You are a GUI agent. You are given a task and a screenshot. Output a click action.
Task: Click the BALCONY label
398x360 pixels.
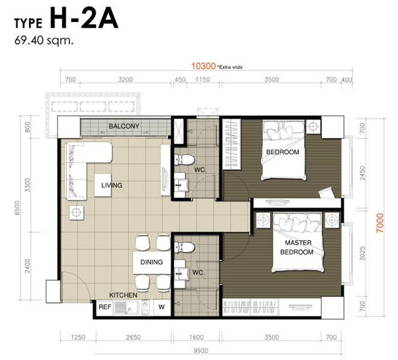point(124,126)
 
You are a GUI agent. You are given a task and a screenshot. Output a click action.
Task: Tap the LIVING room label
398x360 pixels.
point(112,185)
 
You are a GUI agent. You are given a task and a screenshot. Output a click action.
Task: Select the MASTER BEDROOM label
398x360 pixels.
point(297,247)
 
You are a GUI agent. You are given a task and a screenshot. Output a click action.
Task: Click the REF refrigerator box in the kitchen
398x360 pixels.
point(105,307)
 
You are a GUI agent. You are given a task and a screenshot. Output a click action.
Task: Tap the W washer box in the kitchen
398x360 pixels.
point(161,307)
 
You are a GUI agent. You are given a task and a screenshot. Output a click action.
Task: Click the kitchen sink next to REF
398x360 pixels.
point(126,307)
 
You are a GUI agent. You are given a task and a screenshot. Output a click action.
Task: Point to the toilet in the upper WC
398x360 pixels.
point(184,160)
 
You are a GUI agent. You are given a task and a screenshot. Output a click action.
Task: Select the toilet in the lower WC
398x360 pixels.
point(184,247)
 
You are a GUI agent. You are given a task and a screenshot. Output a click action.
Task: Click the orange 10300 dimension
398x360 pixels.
point(203,66)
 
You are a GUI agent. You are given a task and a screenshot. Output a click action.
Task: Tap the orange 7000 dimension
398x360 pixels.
point(380,223)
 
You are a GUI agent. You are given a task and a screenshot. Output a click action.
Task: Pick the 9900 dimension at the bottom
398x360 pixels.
point(201,350)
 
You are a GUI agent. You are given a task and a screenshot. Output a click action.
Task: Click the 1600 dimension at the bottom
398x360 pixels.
point(196,337)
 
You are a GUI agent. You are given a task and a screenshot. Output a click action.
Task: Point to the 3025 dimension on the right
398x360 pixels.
point(362,253)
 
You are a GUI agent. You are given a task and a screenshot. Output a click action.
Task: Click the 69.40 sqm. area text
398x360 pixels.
point(44,40)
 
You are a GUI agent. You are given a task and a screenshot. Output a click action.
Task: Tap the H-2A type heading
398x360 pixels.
point(84,18)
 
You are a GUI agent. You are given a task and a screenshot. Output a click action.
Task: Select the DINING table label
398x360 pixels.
point(151,262)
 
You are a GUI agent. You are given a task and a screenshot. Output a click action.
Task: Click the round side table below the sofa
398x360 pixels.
point(76,212)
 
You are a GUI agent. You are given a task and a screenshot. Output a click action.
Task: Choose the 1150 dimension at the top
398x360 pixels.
point(202,80)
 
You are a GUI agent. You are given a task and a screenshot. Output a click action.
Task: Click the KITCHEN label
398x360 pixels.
point(123,295)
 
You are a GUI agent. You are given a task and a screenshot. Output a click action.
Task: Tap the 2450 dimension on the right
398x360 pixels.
point(363,173)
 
